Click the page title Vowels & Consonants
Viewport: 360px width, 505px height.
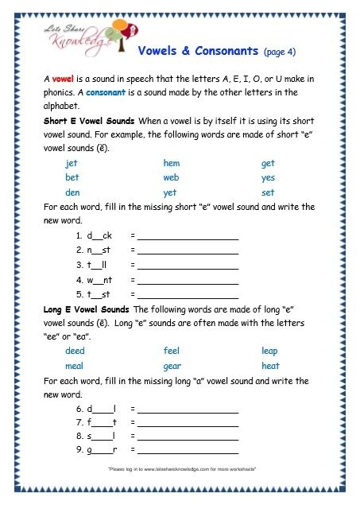199,51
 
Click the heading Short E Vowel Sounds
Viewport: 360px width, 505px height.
87,120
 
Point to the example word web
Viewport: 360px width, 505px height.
172,178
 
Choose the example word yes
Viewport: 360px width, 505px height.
268,178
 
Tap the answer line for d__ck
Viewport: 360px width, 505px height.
188,237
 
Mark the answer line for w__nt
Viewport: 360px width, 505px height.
188,280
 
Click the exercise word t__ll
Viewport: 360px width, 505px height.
99,266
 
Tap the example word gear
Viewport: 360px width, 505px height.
172,367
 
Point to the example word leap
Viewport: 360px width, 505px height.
269,352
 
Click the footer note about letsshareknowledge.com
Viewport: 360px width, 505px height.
180,471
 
